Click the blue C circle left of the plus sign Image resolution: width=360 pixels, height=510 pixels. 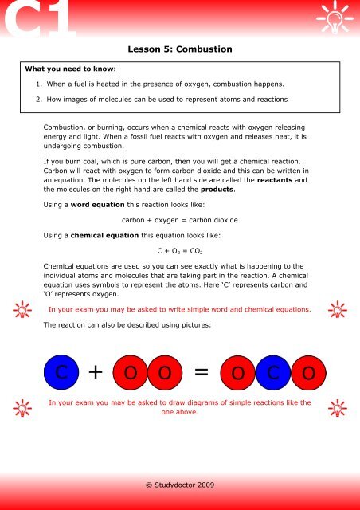coord(61,372)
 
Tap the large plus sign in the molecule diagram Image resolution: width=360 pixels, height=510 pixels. coord(96,372)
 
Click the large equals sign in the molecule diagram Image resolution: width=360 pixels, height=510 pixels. coord(202,372)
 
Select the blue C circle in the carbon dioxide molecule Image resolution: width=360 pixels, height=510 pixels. coord(272,372)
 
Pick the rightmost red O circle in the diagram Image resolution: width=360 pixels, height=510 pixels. coord(307,372)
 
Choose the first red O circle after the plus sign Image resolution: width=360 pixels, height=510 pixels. coord(130,372)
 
